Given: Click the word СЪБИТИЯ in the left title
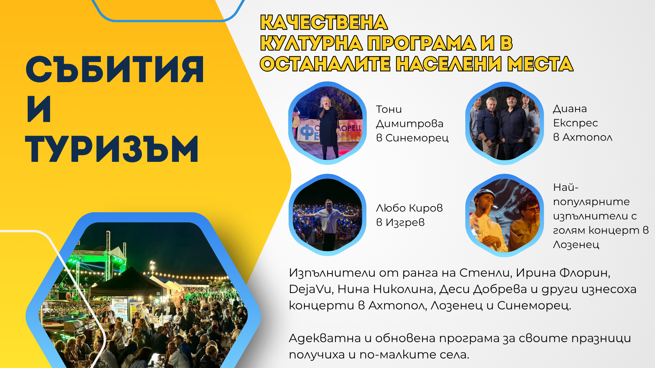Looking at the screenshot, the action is [115, 70].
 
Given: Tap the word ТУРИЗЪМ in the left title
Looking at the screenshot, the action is [112, 149].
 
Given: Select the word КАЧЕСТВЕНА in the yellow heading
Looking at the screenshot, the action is [324, 22].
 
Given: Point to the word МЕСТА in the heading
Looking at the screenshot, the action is [540, 64].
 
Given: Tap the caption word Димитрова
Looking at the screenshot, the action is [410, 124].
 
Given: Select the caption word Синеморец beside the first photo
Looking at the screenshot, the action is [417, 138].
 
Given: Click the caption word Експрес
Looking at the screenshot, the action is [576, 123].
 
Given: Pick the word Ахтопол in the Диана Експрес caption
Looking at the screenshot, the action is [587, 137].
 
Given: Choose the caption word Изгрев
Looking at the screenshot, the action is [405, 223].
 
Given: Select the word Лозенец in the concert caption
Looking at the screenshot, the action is [576, 245].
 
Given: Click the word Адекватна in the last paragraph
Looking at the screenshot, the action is [325, 338].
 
